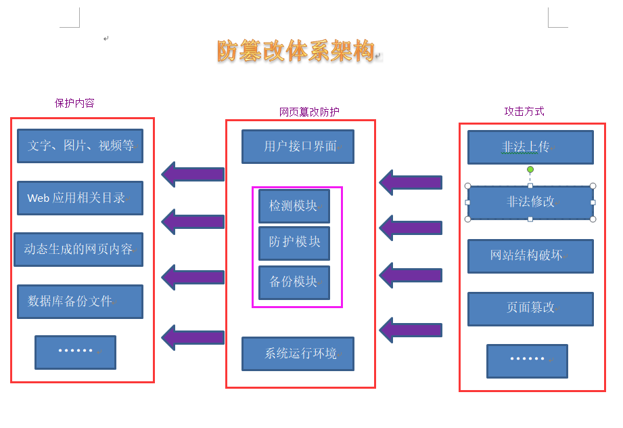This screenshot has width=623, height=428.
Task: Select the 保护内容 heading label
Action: pos(74,103)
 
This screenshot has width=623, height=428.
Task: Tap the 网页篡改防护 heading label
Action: pos(309,112)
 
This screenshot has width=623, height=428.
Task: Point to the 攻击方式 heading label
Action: pos(524,111)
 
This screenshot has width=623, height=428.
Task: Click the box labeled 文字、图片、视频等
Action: pos(80,146)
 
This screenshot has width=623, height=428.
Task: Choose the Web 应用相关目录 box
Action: pos(80,198)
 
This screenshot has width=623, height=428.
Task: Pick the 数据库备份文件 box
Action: pos(80,301)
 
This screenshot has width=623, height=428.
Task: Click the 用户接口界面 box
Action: pos(298,146)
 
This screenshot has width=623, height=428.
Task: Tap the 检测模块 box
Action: pos(294,206)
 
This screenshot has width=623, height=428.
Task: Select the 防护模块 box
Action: pos(294,242)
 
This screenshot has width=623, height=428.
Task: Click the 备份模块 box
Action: pos(294,282)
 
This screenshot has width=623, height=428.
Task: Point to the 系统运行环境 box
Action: pos(298,354)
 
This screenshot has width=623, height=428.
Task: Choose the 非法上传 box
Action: pos(530,147)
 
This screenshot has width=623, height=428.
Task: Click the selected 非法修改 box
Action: pos(530,202)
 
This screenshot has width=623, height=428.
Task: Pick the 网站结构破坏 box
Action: pos(530,256)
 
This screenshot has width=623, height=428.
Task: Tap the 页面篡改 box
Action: pos(530,308)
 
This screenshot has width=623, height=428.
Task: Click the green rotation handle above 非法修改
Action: pos(530,169)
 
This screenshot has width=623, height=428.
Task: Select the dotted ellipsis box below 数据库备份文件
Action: pos(75,352)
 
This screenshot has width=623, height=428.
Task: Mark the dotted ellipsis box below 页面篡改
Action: pos(526,360)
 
